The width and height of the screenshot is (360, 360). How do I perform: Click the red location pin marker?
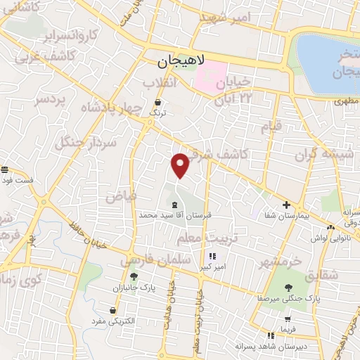point(181,165)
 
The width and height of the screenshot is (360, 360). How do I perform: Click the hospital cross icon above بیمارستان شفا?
point(285,205)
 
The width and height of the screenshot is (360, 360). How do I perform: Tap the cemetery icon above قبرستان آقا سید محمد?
point(174,203)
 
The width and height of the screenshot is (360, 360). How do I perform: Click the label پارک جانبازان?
point(132,288)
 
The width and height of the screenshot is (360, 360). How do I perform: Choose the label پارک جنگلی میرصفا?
point(288,298)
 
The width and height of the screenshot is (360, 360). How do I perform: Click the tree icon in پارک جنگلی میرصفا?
point(288,287)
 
